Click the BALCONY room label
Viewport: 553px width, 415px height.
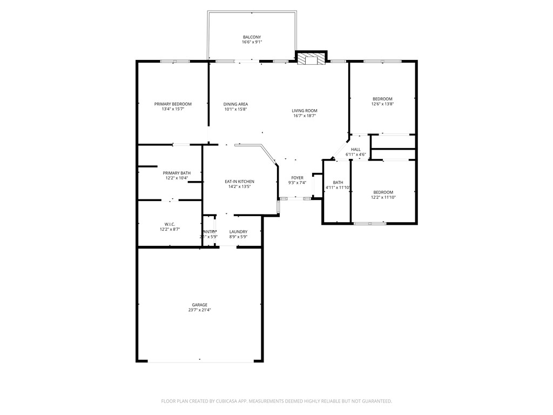coord(252,37)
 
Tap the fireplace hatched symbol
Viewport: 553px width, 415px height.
coord(312,59)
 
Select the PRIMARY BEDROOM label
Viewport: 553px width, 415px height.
coord(173,104)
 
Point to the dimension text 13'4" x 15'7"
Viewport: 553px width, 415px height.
coord(173,109)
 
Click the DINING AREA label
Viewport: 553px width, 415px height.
coord(235,104)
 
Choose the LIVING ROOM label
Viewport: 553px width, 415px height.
coord(305,110)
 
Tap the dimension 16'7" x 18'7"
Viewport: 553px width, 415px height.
coord(305,116)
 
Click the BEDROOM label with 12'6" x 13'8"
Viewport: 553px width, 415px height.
coord(382,98)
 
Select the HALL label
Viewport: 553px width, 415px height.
coord(356,150)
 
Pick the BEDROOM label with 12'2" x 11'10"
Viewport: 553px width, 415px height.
coord(383,192)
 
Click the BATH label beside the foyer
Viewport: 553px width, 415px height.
coord(338,183)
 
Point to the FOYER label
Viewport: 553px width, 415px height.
coord(298,178)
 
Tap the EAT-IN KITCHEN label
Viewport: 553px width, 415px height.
coord(239,182)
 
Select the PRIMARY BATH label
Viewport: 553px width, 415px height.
coord(177,173)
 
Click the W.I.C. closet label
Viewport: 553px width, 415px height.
coord(170,224)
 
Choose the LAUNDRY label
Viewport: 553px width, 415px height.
coord(238,232)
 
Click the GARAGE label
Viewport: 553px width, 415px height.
coord(199,305)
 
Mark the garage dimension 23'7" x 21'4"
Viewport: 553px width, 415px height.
coord(199,310)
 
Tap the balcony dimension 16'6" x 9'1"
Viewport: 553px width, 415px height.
coord(252,42)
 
